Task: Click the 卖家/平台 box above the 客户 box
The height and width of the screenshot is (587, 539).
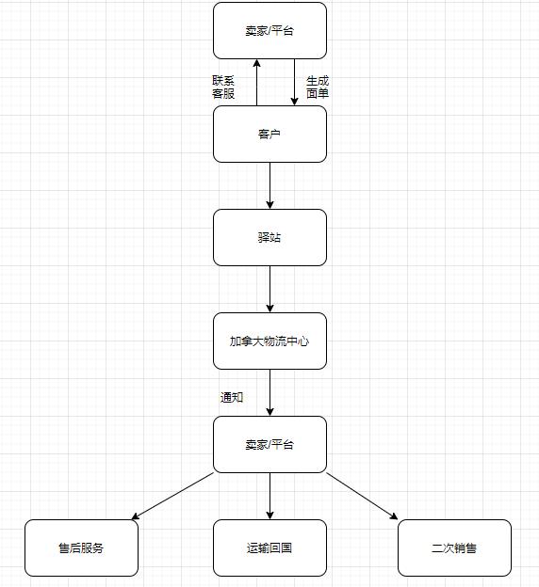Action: click(x=269, y=31)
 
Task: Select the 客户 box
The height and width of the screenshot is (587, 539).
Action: click(x=269, y=134)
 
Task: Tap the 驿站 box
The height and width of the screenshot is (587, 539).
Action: click(x=269, y=237)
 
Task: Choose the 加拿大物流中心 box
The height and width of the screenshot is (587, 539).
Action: click(x=269, y=341)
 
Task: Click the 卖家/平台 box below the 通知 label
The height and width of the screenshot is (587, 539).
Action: click(x=269, y=444)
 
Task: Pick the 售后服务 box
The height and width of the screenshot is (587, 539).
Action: click(x=81, y=548)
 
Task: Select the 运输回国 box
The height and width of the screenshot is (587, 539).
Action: click(x=269, y=548)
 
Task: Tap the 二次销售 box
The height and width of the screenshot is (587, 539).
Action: click(x=454, y=548)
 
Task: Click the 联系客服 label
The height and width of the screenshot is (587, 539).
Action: click(x=223, y=87)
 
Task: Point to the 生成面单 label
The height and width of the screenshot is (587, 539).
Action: click(x=318, y=87)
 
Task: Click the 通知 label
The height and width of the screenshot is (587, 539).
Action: click(x=232, y=397)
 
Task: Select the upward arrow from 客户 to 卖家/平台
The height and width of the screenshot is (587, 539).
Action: click(x=257, y=83)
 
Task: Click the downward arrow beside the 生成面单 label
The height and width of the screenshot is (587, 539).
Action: click(x=294, y=83)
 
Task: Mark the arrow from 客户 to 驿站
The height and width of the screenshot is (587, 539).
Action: click(x=269, y=185)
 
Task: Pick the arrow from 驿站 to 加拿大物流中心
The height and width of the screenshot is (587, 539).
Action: click(x=269, y=290)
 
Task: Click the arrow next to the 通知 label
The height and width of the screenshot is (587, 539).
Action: click(x=269, y=392)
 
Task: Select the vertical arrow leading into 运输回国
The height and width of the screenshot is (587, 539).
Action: click(x=269, y=496)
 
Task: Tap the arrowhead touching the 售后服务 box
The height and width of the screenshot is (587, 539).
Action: click(x=136, y=516)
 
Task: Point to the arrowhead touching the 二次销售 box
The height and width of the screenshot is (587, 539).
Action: click(x=394, y=516)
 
